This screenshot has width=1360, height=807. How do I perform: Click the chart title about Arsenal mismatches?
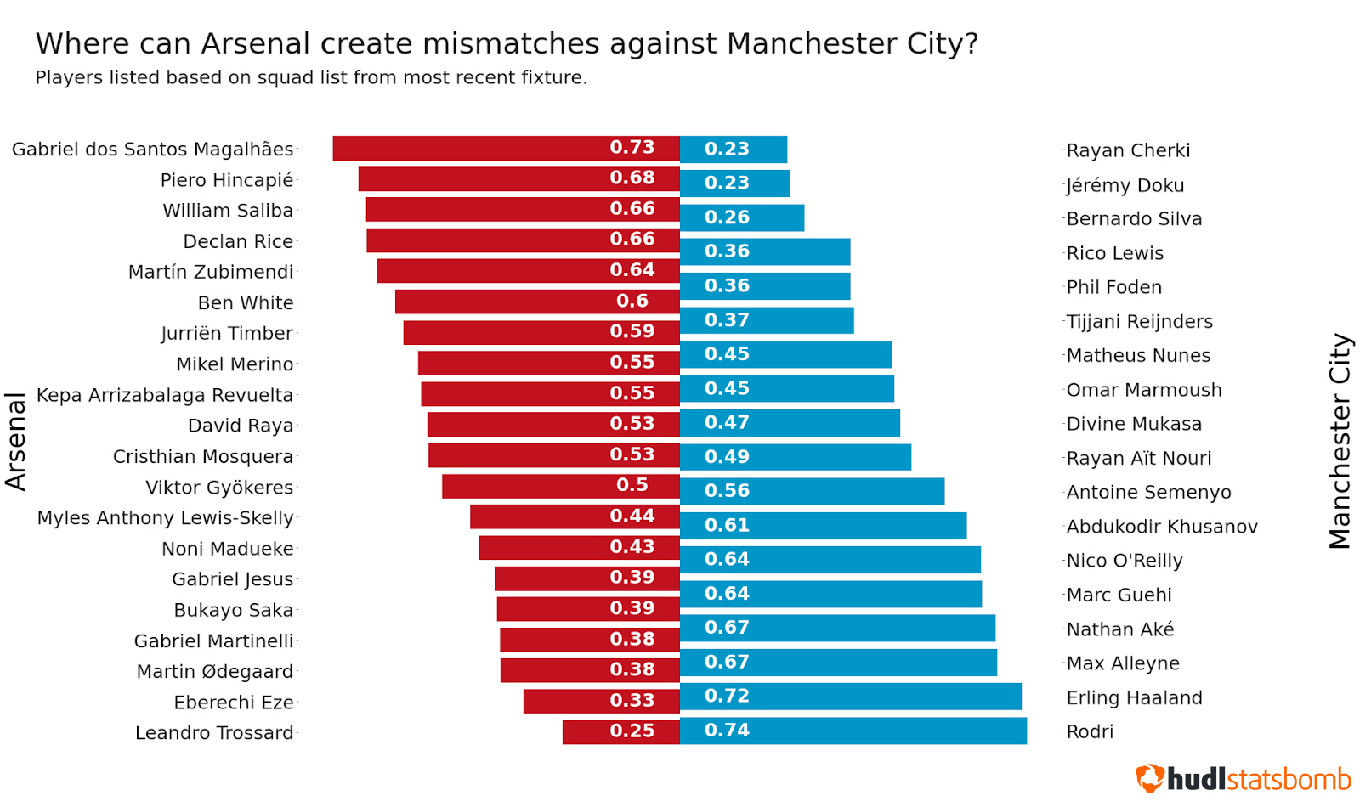pyautogui.click(x=507, y=43)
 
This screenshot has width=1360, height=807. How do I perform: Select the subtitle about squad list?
pyautogui.click(x=311, y=77)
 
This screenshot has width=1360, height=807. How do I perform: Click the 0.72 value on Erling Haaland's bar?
pyautogui.click(x=727, y=696)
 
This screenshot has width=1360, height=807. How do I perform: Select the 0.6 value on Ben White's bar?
pyautogui.click(x=632, y=301)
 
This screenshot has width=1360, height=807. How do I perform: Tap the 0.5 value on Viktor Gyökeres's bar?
pyautogui.click(x=632, y=485)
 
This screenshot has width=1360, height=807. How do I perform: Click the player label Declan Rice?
pyautogui.click(x=238, y=241)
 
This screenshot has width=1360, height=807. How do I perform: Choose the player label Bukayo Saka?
pyautogui.click(x=233, y=610)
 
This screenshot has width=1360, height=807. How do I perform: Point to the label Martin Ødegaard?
pyautogui.click(x=214, y=671)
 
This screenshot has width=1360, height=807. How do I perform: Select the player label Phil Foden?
pyautogui.click(x=1113, y=287)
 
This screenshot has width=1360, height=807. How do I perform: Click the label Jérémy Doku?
pyautogui.click(x=1125, y=185)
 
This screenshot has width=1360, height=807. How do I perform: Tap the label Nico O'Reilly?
pyautogui.click(x=1124, y=561)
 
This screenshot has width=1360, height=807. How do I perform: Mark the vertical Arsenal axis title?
pyautogui.click(x=16, y=441)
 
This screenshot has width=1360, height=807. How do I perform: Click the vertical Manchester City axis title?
pyautogui.click(x=1340, y=441)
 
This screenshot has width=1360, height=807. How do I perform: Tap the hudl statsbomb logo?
pyautogui.click(x=1243, y=778)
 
